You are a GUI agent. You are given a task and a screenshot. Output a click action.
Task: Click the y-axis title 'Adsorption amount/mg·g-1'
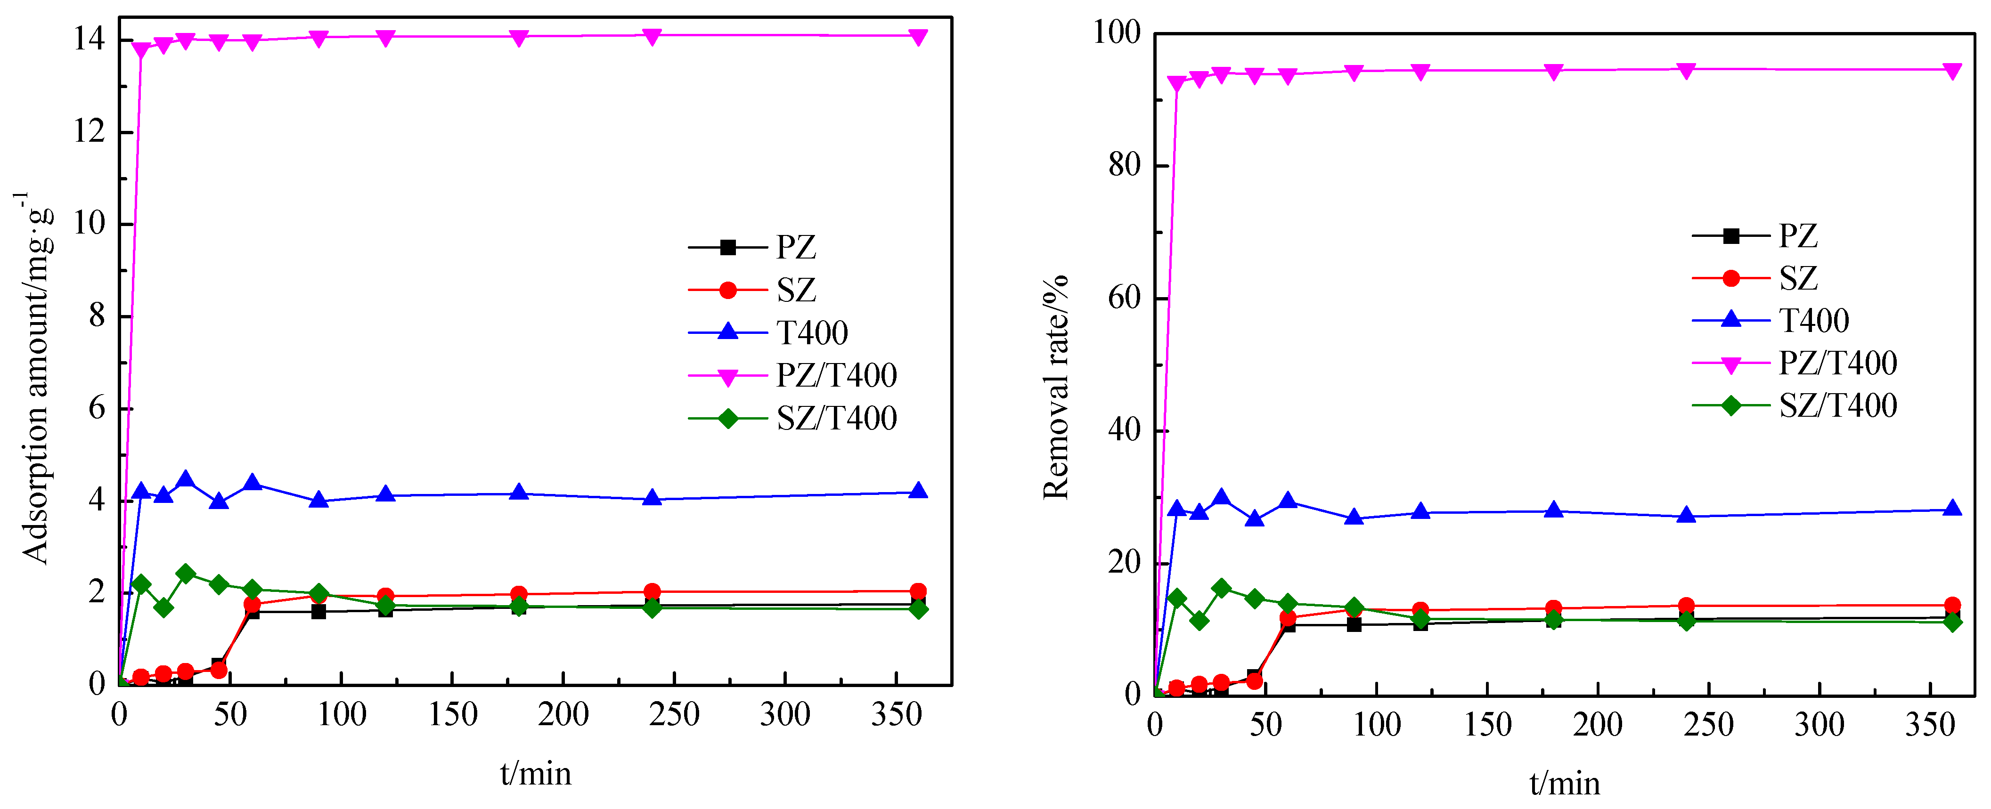click(35, 379)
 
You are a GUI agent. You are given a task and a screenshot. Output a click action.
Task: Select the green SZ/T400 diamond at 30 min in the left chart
click(186, 574)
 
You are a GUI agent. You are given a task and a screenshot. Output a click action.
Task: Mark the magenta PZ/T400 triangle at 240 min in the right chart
click(1687, 70)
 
